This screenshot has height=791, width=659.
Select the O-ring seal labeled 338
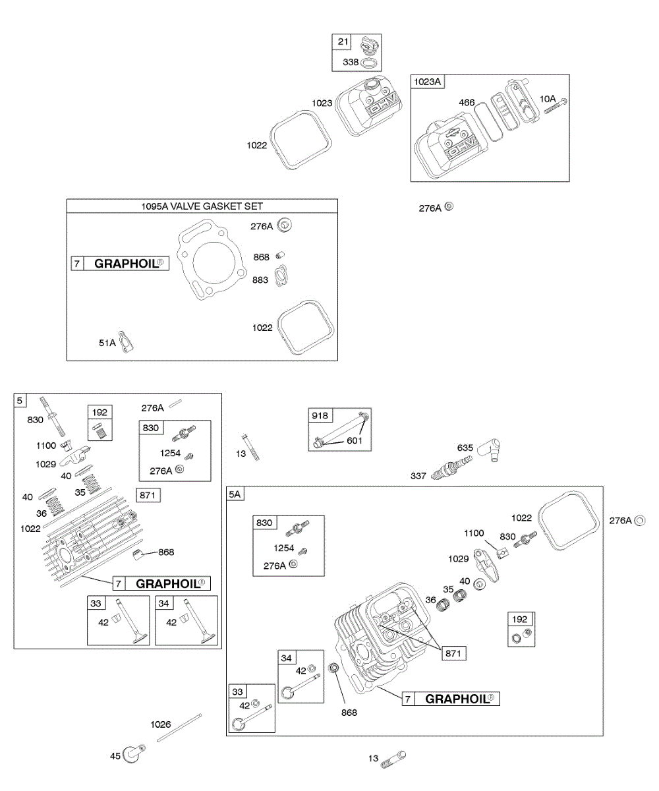370,63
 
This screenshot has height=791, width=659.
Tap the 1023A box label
427,82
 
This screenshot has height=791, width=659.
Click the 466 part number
466,102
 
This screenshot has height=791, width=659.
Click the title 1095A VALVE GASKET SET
202,206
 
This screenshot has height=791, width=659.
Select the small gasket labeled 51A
126,341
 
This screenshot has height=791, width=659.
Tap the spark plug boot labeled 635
490,450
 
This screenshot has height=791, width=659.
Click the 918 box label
320,415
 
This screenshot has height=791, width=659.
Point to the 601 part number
355,440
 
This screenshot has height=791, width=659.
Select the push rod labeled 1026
179,727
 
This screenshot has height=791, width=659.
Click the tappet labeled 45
134,753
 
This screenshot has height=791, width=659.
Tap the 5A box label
235,494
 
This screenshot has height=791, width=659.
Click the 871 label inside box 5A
454,653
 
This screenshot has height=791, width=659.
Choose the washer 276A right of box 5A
640,520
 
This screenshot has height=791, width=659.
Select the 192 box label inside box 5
100,412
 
